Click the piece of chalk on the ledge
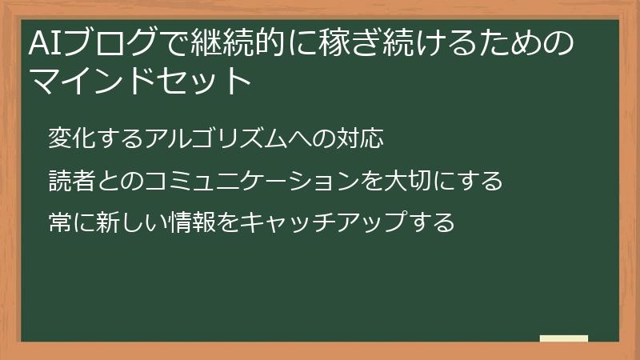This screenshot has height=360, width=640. [x=564, y=338]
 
